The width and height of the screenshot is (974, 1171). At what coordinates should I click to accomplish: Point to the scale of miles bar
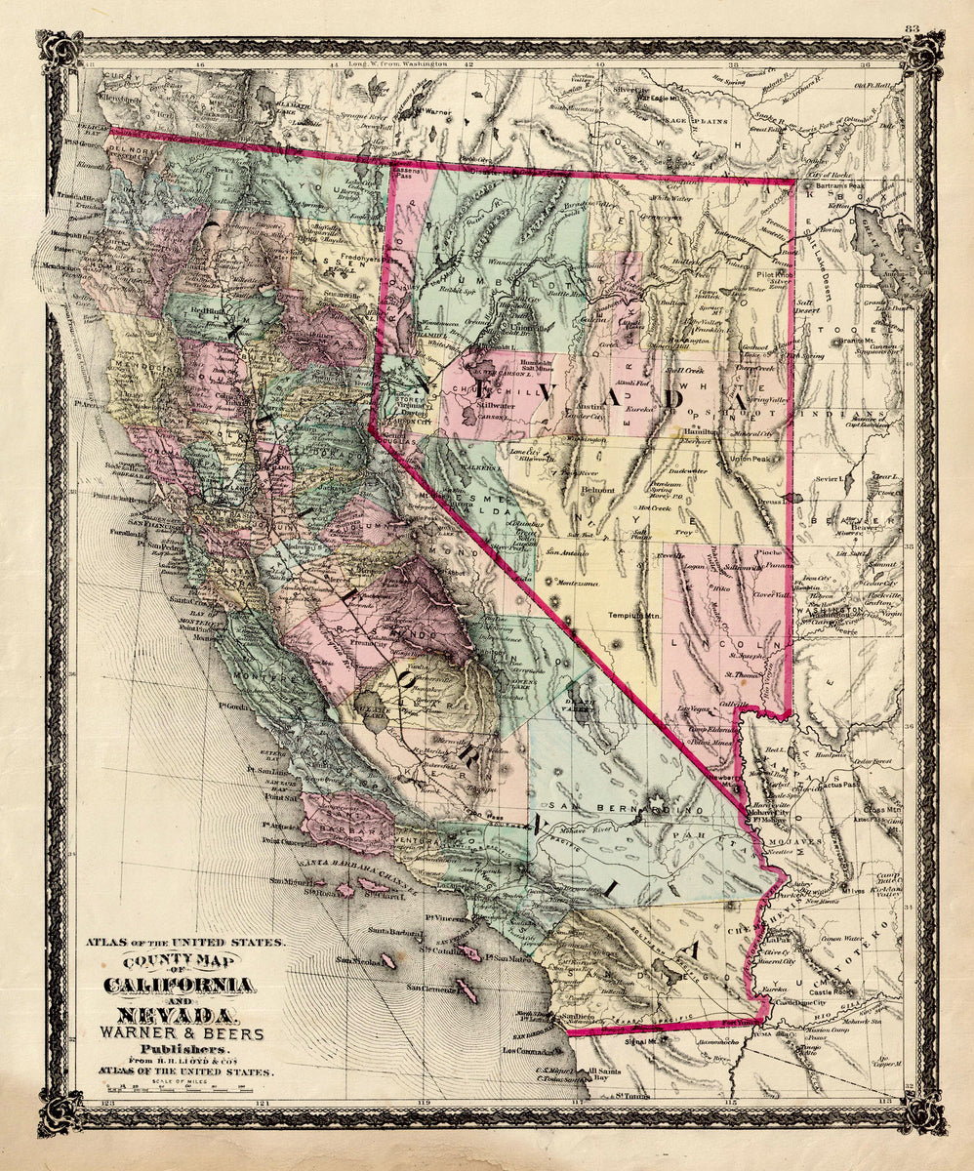185,1086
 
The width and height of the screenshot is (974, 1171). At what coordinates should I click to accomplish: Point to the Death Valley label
578,706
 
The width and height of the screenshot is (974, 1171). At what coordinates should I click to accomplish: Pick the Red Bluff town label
214,311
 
